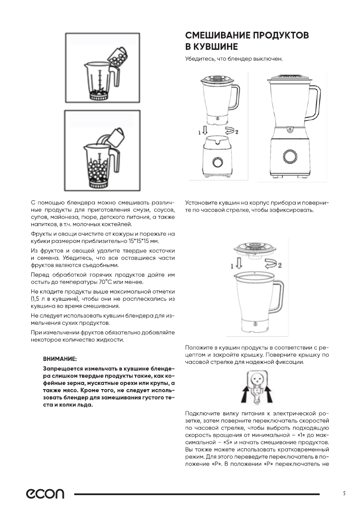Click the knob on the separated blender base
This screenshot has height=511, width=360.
[x=217, y=161]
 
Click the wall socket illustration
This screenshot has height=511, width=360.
[x=257, y=383]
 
